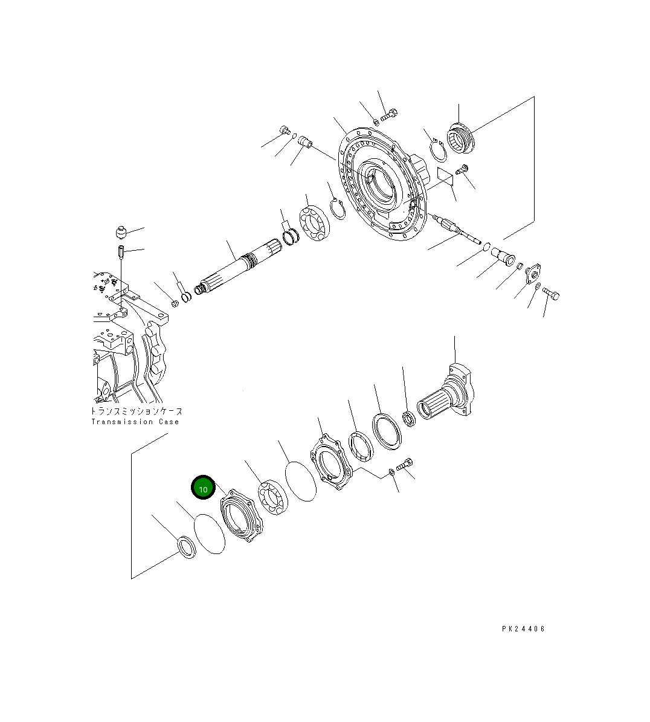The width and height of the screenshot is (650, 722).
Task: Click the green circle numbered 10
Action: [203, 488]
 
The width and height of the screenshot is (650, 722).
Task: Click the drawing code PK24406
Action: [523, 628]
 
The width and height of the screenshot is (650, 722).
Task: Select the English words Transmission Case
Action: [135, 422]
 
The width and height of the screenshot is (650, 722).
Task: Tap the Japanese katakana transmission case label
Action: [137, 411]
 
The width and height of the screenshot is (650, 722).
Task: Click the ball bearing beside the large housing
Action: [315, 224]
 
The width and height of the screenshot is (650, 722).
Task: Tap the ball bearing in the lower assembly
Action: [274, 497]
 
